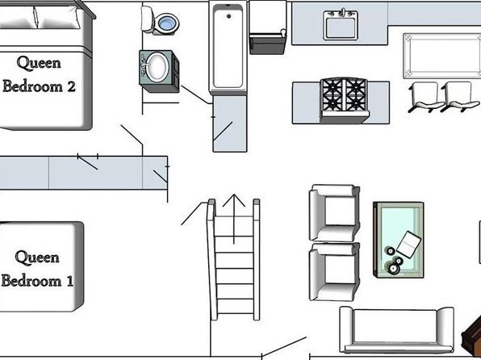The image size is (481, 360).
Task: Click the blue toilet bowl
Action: pos(169,23)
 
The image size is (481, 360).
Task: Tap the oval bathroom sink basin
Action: pos(157,67)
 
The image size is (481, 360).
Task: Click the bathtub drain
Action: pos(228,16)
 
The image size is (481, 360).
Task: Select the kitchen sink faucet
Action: pos(343,13)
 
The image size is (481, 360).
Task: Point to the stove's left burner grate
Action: pos(333,94)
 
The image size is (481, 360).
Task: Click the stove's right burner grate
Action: pos(356,94)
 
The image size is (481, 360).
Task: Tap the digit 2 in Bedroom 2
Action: pos(71,86)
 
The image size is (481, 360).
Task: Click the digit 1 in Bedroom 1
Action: pos(70,281)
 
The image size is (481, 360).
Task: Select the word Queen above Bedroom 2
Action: pos(39,64)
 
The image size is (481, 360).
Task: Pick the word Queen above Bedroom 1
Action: pos(37,257)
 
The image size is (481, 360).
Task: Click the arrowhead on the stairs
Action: pos(234,200)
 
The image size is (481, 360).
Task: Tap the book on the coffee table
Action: pos(409,245)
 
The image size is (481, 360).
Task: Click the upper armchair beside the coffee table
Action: pos(334,212)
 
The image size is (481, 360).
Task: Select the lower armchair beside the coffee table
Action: pos(334,271)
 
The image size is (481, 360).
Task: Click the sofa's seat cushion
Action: pos(395,326)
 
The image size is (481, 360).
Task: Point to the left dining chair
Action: pos(425,98)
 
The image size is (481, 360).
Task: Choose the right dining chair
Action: pos(460,98)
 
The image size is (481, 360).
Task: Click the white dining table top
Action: pos(442,56)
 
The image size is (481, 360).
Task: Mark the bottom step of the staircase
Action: pos(235,306)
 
